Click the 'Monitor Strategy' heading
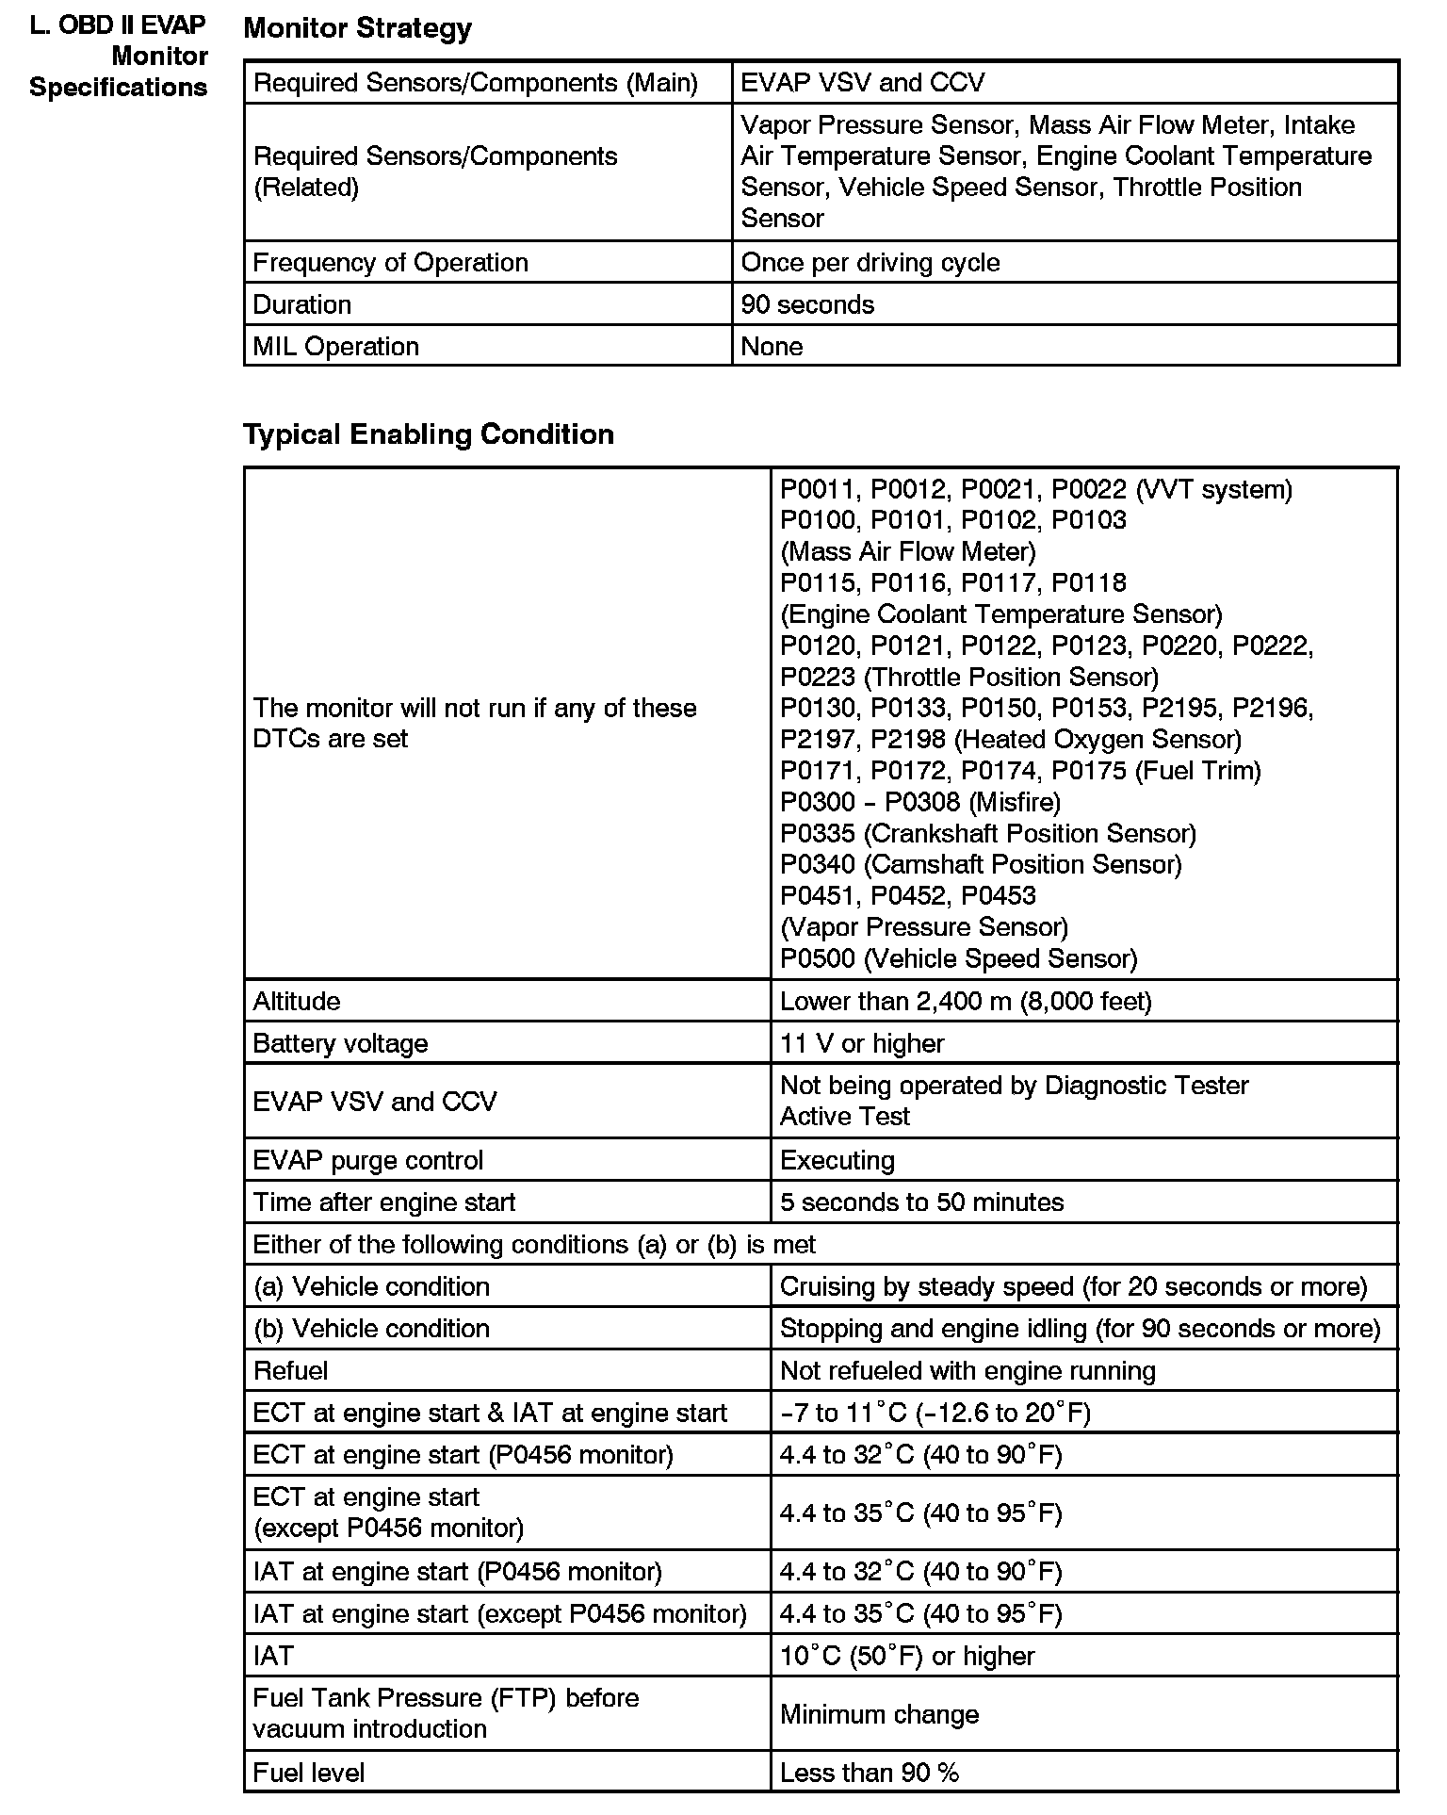pos(357,28)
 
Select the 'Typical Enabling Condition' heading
pos(429,434)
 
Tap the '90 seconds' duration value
pos(807,304)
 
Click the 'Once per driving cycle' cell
pos(870,262)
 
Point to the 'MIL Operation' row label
pos(335,346)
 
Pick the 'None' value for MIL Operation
pos(772,346)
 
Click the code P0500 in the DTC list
pos(818,958)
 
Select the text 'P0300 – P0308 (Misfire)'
pos(920,802)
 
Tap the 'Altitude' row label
pos(297,1001)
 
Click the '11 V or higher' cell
pos(862,1043)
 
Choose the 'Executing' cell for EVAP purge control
pos(837,1160)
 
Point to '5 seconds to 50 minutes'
pos(921,1202)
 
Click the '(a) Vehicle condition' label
pos(371,1286)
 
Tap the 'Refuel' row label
pos(290,1370)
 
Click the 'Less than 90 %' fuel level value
pos(869,1773)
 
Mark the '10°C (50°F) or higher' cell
pos(907,1656)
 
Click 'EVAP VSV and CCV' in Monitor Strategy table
pos(862,82)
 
